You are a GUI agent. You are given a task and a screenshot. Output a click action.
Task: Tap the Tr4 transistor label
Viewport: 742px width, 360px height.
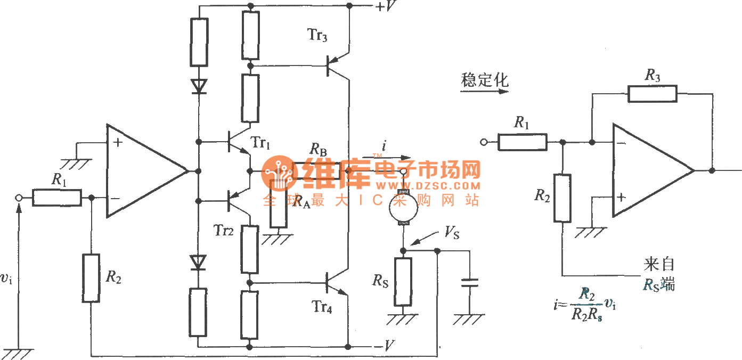(322, 307)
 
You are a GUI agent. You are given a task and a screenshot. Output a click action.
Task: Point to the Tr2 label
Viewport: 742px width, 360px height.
(224, 230)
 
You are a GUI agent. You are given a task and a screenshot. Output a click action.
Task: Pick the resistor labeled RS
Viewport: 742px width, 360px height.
(403, 282)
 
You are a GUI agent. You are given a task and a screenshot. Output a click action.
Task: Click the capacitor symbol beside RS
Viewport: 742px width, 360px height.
(469, 282)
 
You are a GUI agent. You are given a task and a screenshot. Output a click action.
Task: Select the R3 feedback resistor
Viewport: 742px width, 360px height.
(652, 94)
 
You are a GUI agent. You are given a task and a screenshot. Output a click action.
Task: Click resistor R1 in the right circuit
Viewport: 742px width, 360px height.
(523, 142)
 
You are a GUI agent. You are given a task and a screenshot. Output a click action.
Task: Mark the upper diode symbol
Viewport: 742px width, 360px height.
(199, 86)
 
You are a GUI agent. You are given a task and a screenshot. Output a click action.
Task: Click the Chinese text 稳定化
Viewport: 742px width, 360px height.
(484, 80)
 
